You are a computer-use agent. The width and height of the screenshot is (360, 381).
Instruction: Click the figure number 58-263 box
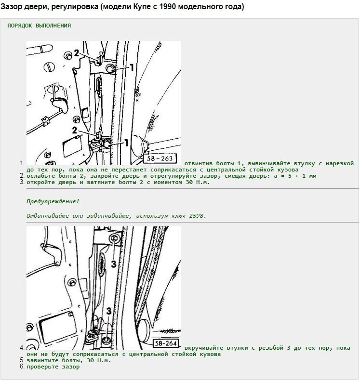click(x=160, y=158)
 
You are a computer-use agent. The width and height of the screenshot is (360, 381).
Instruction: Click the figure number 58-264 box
click(x=166, y=343)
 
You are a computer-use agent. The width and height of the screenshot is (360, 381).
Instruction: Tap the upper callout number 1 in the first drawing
click(x=132, y=67)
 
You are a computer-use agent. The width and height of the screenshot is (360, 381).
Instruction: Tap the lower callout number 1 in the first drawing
click(x=126, y=143)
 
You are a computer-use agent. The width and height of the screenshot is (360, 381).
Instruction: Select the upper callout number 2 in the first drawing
click(x=77, y=53)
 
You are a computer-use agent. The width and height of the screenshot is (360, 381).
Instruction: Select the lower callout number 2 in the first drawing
click(x=75, y=130)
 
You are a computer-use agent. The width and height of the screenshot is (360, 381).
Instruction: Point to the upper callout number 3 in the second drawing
click(x=114, y=264)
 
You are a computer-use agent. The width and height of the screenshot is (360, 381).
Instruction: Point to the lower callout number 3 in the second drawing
click(x=108, y=311)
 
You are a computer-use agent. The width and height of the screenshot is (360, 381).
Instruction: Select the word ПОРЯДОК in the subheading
click(x=20, y=26)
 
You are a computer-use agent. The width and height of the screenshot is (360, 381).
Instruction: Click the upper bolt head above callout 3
click(x=114, y=238)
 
